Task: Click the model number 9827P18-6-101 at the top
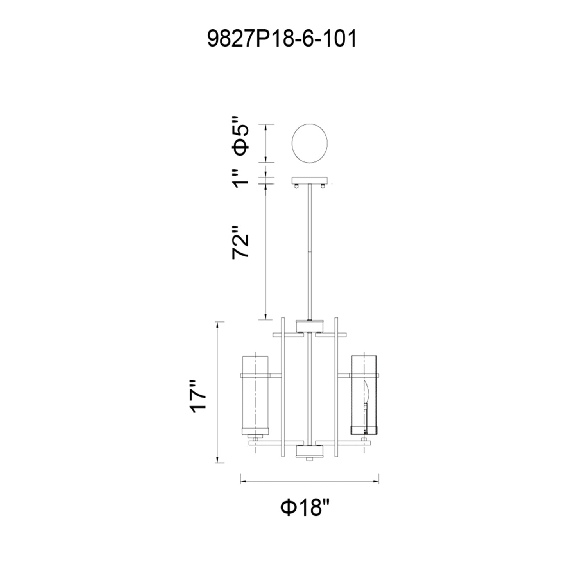tap(282, 39)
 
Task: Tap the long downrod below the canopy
tap(309, 250)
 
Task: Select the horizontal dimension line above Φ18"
tap(310, 481)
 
